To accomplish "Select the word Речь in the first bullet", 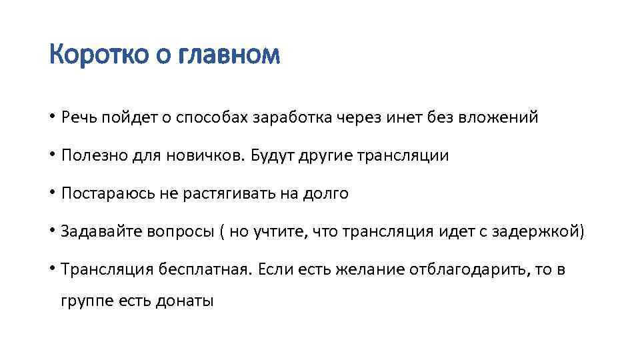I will pyautogui.click(x=78, y=118).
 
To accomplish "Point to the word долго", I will pyautogui.click(x=326, y=194).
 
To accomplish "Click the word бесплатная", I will pyautogui.click(x=205, y=270).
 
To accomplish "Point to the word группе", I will pyautogui.click(x=86, y=301).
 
